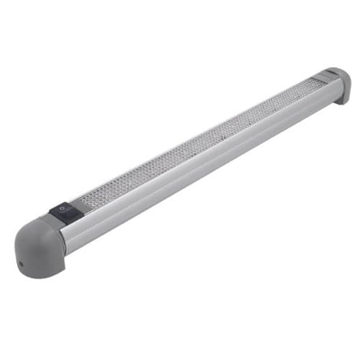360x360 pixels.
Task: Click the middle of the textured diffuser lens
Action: coord(194,140)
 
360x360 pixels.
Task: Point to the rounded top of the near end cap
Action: coord(32,227)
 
